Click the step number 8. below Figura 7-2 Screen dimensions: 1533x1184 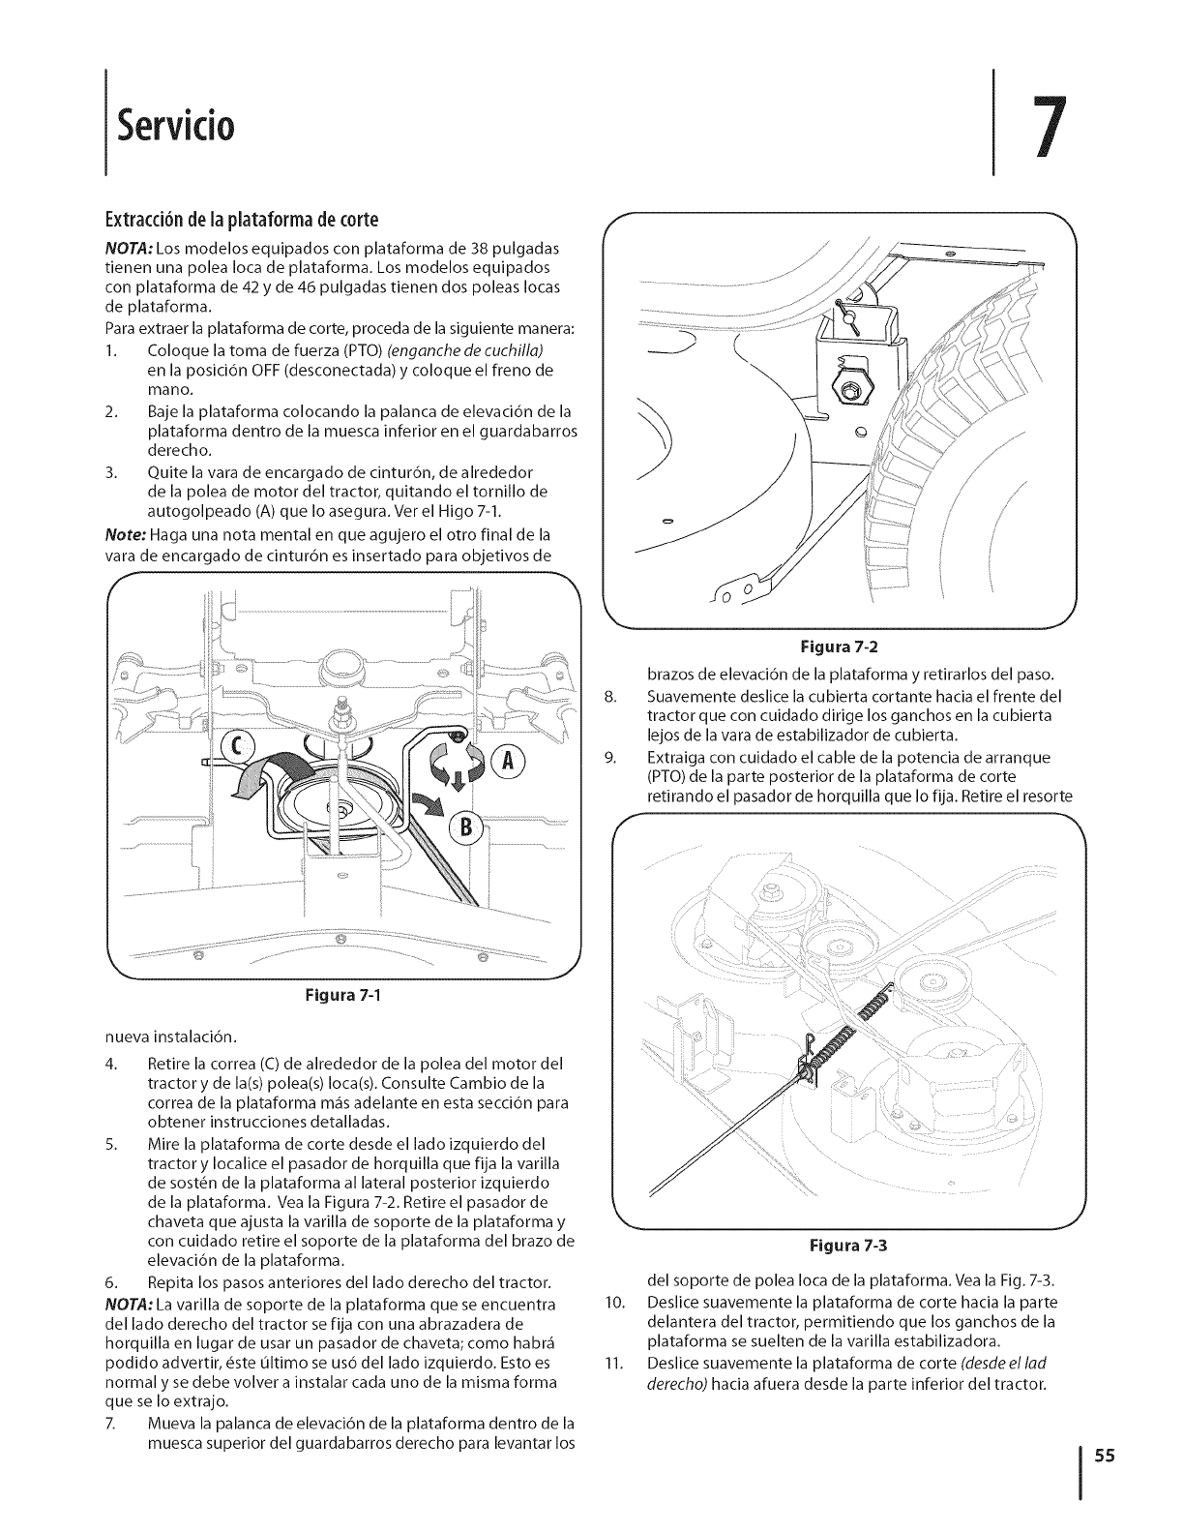coord(608,696)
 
